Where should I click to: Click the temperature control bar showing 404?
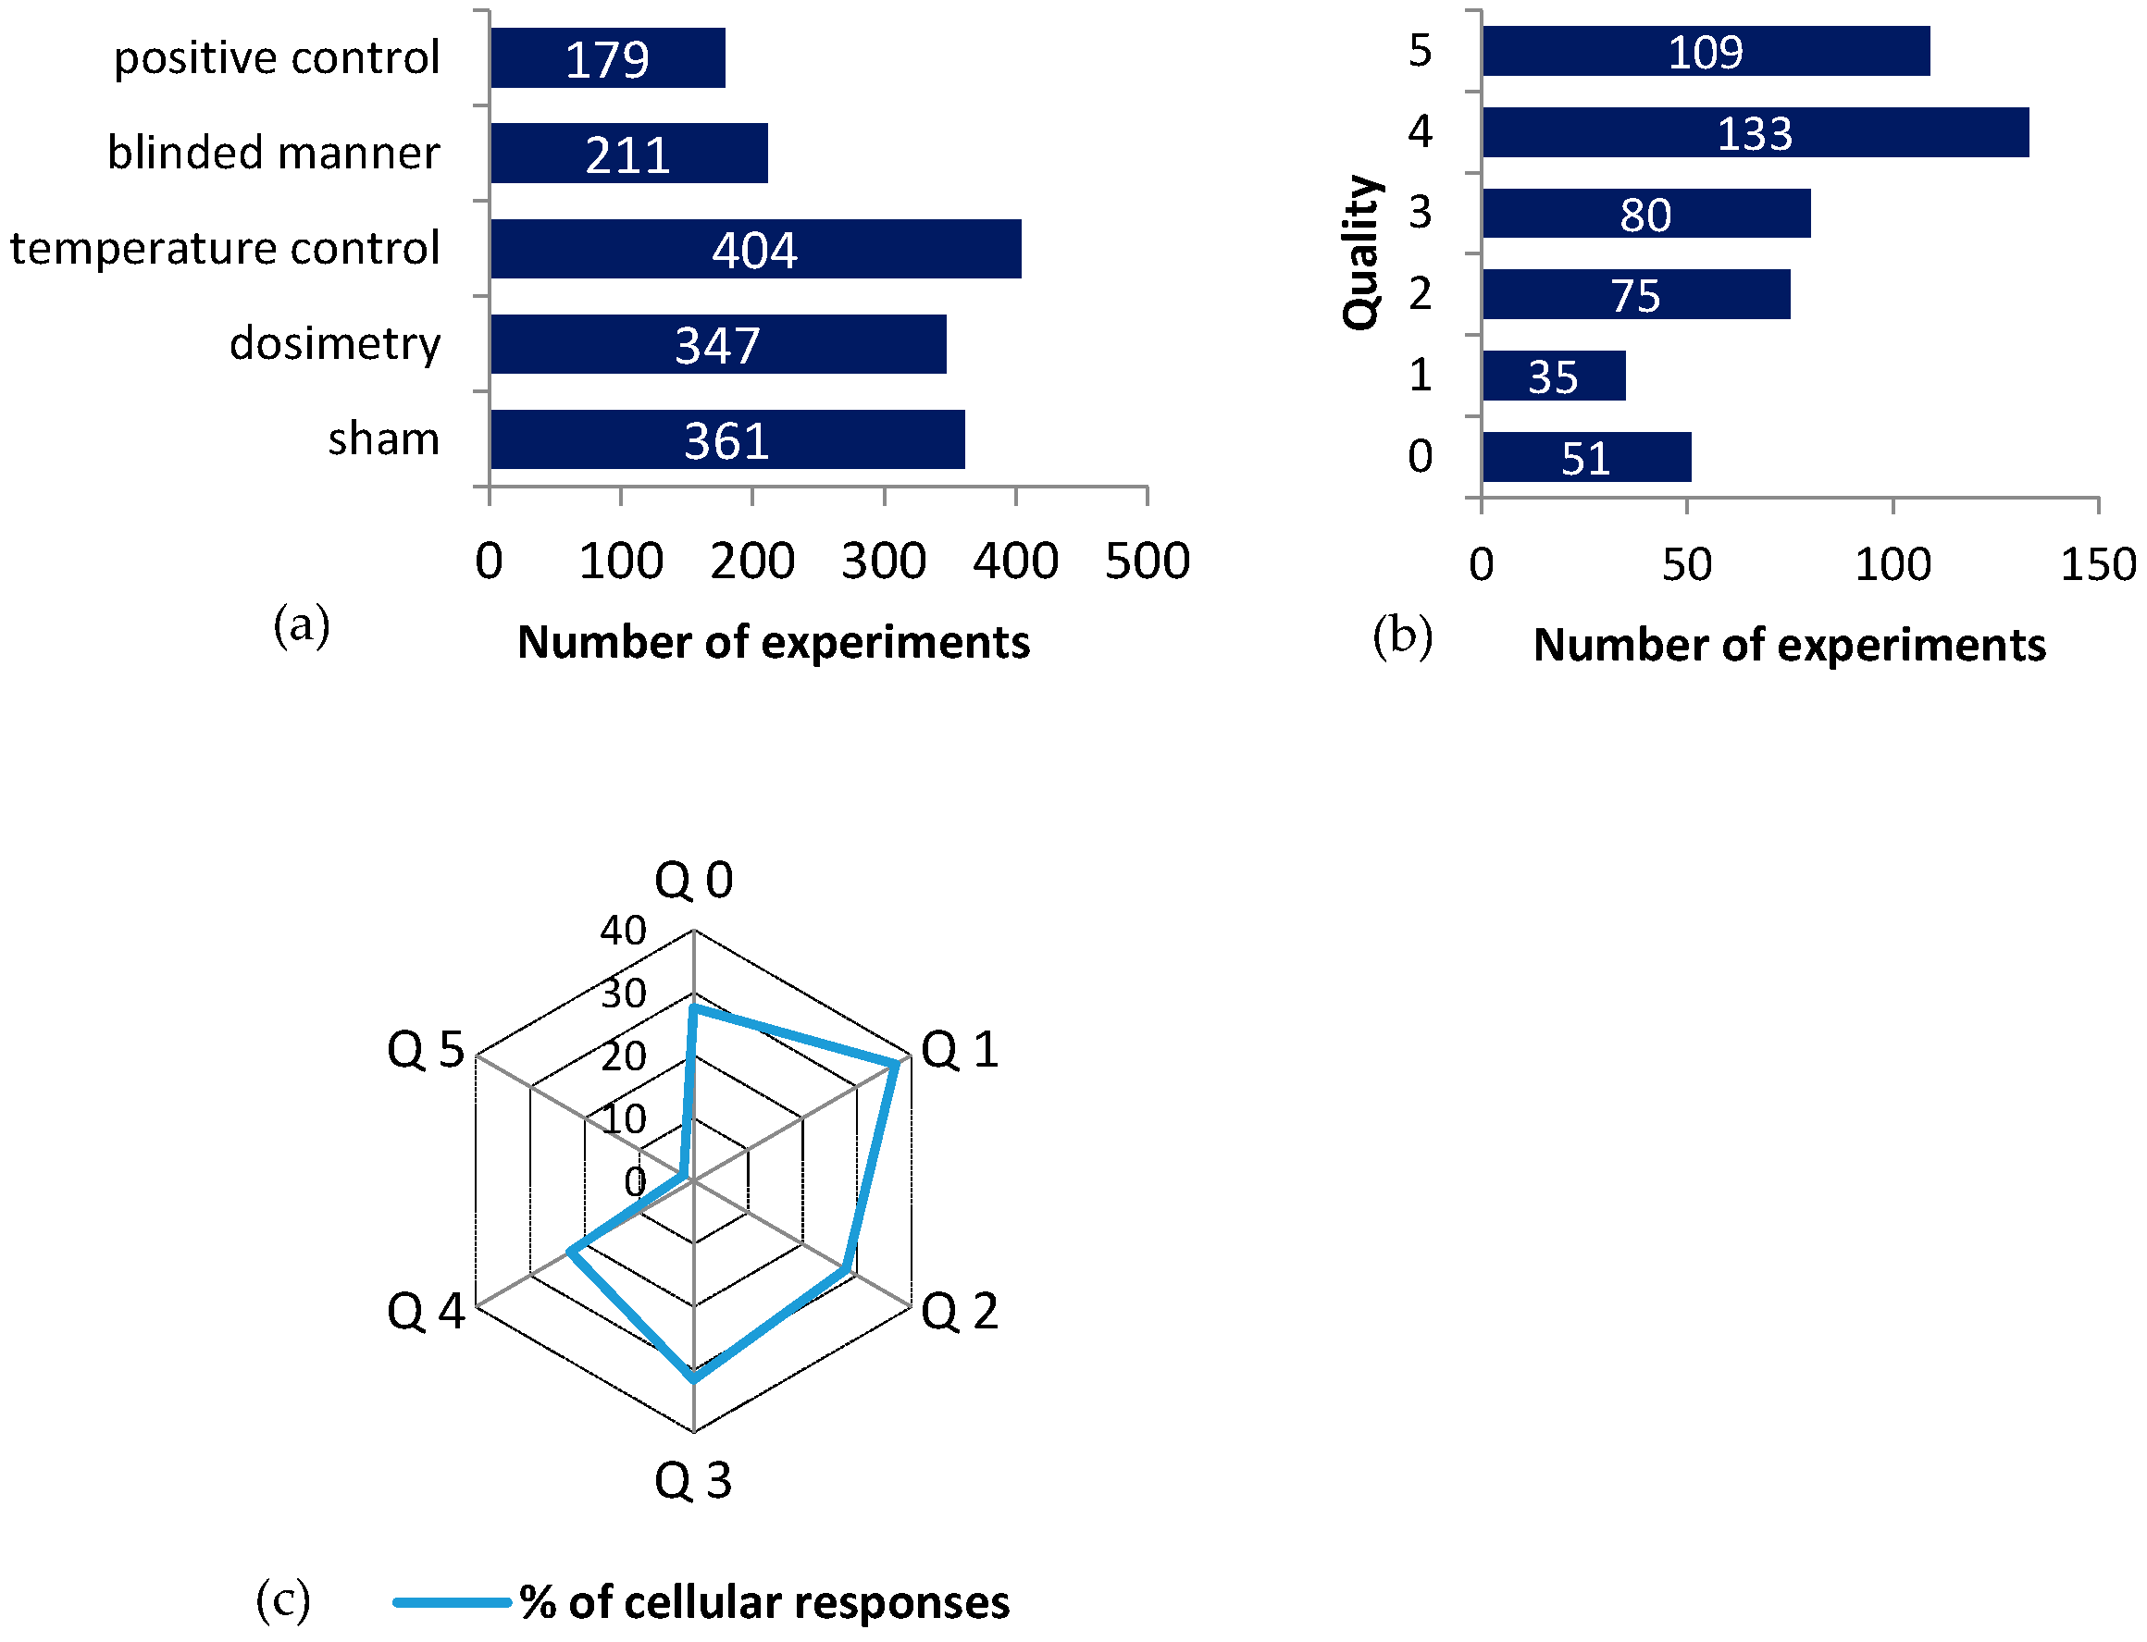pos(755,248)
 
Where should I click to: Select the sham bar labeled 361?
pos(726,439)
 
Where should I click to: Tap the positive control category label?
pos(277,57)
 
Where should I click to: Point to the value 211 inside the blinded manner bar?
pos(627,155)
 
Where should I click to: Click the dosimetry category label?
pos(334,344)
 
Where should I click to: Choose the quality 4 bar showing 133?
pos(1754,133)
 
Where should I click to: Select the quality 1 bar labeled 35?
pos(1553,377)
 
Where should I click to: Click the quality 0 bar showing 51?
pos(1585,457)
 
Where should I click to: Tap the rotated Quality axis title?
pos(1361,253)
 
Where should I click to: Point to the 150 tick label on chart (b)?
pos(2097,566)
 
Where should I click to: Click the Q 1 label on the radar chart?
pos(959,1051)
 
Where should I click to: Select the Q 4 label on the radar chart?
pos(427,1311)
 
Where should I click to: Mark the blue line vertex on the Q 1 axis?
pos(897,1064)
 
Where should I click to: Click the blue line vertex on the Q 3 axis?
pos(693,1379)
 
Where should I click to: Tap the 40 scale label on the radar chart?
pos(623,931)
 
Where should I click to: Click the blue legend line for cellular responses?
pos(452,1602)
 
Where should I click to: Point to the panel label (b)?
pos(1402,636)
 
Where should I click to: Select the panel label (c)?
pos(282,1600)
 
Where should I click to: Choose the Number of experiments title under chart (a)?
pos(774,643)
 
